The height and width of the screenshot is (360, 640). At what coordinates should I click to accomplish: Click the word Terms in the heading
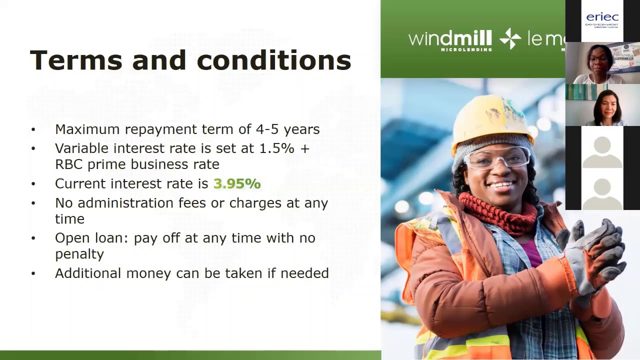tap(75, 60)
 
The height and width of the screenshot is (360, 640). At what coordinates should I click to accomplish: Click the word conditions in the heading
tap(274, 60)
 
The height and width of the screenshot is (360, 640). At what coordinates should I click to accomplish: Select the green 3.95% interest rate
tap(237, 183)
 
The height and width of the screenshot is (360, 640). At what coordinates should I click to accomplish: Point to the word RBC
tap(69, 164)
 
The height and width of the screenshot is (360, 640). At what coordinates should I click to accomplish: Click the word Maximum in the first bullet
tap(87, 129)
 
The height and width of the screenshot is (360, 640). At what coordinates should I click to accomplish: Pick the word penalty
tap(79, 254)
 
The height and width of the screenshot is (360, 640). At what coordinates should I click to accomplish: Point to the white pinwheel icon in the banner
tap(510, 39)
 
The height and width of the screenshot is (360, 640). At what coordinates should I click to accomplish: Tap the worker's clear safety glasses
tap(496, 157)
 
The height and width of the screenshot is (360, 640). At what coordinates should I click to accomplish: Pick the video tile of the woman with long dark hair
tap(602, 105)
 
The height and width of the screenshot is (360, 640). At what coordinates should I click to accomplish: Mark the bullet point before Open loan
tap(33, 238)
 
